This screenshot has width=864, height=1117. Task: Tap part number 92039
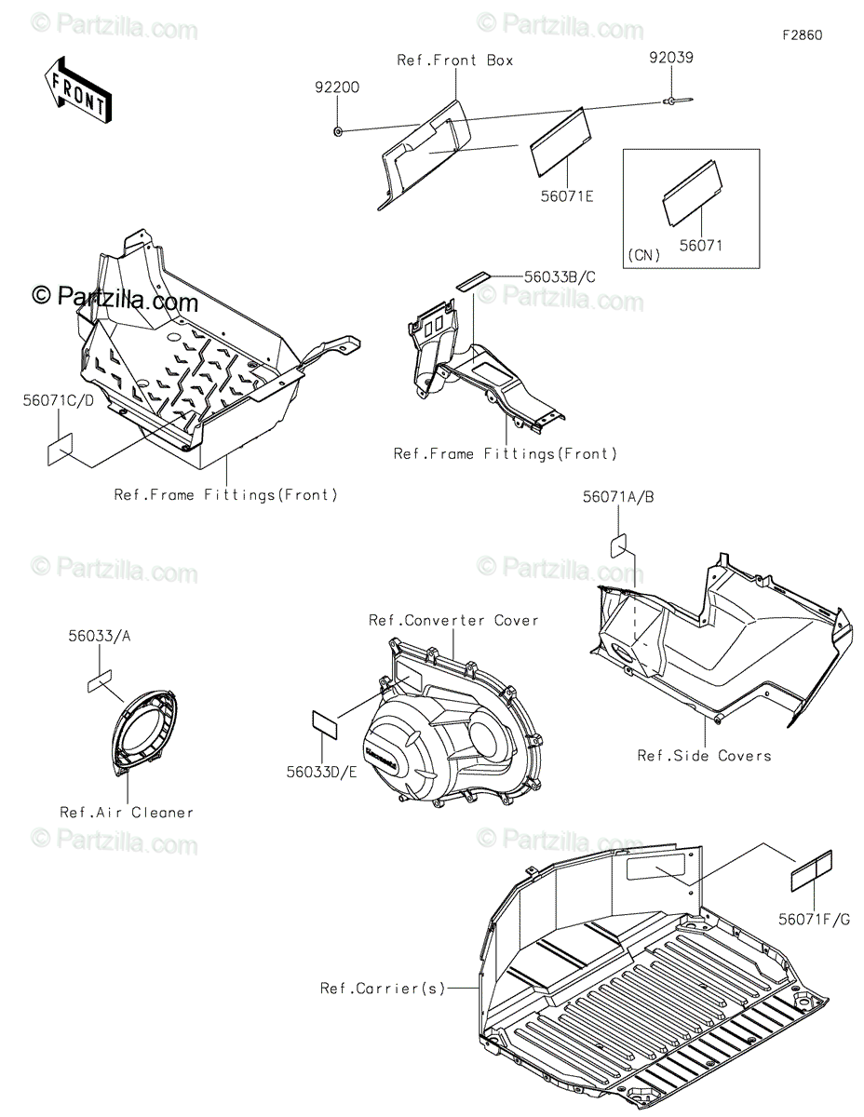(670, 58)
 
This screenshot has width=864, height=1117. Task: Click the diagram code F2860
(802, 35)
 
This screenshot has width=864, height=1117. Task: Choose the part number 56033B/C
(558, 276)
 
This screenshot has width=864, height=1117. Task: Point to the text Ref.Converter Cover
(453, 620)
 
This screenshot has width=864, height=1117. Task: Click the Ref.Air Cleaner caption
(127, 813)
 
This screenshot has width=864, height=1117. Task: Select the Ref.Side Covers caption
(704, 756)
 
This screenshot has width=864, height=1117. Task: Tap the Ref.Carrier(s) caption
(383, 988)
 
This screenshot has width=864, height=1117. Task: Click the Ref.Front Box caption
(454, 61)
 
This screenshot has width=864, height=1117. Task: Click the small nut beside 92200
(336, 131)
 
